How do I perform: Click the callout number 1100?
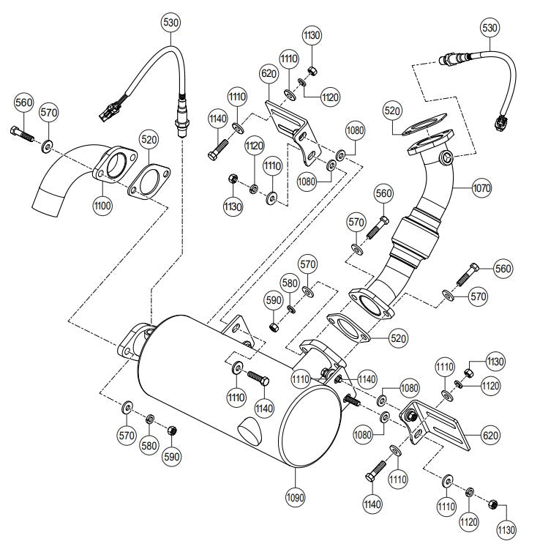tap(102, 206)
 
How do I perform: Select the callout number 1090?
tap(295, 498)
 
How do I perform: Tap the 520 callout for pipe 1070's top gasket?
tap(393, 111)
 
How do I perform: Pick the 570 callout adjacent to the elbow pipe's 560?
tap(50, 113)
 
